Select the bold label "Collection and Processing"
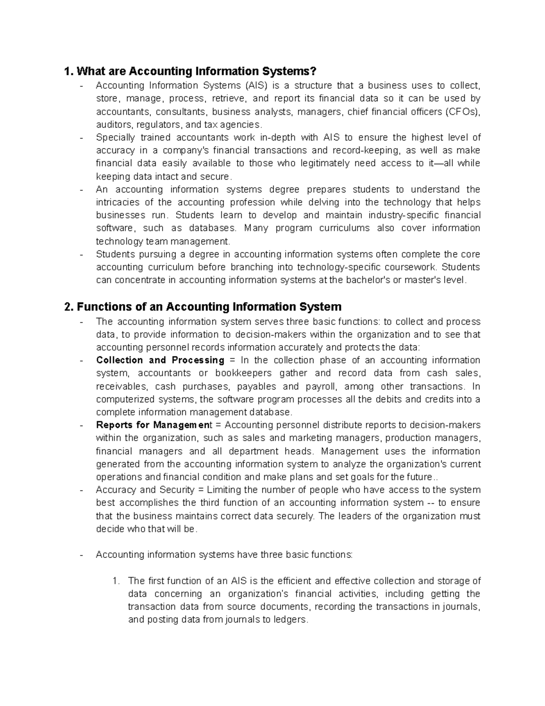(x=160, y=361)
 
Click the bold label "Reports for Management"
(x=154, y=426)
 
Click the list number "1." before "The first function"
(x=116, y=581)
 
